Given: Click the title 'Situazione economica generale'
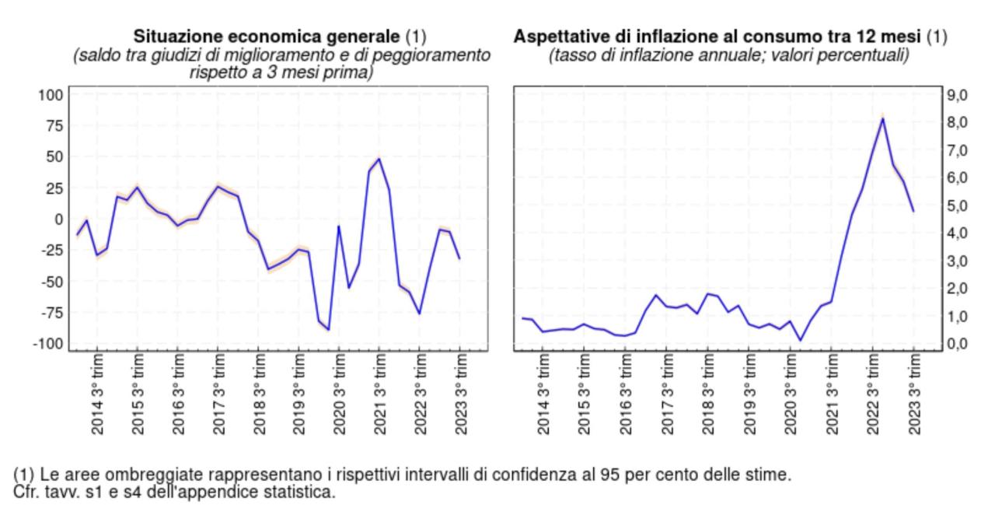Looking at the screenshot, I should [267, 37].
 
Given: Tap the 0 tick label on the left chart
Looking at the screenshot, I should [57, 219].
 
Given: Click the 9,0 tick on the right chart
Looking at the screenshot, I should [957, 95].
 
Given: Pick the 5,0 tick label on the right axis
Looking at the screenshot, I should [957, 205].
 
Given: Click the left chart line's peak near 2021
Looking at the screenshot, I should [379, 159].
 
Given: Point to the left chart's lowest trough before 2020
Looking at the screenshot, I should [328, 330].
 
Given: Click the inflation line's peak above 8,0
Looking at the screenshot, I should [883, 118].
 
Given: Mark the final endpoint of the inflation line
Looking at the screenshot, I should [913, 211].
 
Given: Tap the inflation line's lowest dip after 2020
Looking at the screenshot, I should [801, 340].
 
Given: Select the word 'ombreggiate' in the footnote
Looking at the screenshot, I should [152, 474].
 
